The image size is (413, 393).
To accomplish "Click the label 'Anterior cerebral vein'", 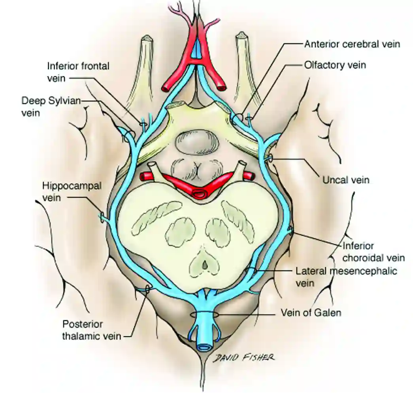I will tap(352, 44).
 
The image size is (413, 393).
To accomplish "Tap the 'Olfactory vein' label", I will tap(335, 64).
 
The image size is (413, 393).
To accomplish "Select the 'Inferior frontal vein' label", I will tap(78, 72).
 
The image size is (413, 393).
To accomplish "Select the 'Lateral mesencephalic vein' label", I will tap(346, 277).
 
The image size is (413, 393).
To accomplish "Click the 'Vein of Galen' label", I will tap(311, 312).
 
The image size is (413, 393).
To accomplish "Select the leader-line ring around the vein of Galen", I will tap(205, 315).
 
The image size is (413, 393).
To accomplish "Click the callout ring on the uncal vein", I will tap(271, 159).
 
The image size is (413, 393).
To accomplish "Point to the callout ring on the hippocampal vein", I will tap(104, 217).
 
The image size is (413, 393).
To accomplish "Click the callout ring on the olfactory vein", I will tap(249, 118).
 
